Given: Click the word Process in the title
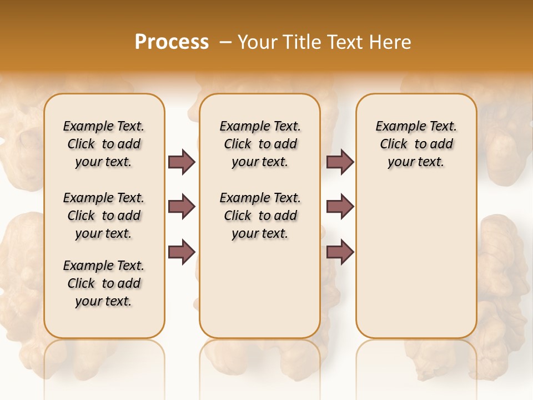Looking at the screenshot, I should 172,42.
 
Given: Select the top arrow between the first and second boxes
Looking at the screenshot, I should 182,162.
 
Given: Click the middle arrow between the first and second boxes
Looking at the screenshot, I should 182,207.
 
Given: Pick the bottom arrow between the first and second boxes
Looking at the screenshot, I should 182,252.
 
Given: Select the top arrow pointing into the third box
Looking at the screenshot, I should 340,162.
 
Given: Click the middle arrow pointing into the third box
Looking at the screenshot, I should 340,207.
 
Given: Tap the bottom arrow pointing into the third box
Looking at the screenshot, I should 340,252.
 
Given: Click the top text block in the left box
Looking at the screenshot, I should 104,144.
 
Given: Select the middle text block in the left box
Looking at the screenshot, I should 104,216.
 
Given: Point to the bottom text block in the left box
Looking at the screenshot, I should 104,283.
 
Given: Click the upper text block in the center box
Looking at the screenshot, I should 260,144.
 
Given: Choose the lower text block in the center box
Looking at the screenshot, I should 260,216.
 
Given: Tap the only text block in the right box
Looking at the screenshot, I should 416,144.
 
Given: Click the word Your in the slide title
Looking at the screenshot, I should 259,42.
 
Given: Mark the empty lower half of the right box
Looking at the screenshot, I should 416,267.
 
